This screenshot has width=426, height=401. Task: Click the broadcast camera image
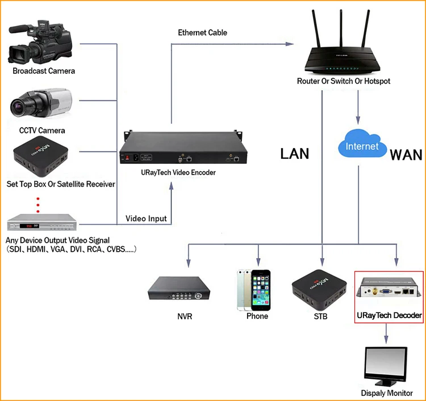point(41,43)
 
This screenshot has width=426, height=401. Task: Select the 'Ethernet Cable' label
point(203,32)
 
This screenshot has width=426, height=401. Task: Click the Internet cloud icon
point(361,145)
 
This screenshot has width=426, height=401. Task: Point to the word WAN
point(406,154)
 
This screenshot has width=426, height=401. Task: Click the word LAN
point(294,153)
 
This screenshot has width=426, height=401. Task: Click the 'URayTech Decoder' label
point(389,315)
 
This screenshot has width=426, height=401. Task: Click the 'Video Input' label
point(146,218)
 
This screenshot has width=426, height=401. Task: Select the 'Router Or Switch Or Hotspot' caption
point(344,81)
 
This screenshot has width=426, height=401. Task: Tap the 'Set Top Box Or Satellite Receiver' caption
point(61,184)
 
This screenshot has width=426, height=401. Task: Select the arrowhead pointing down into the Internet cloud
point(358,121)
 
